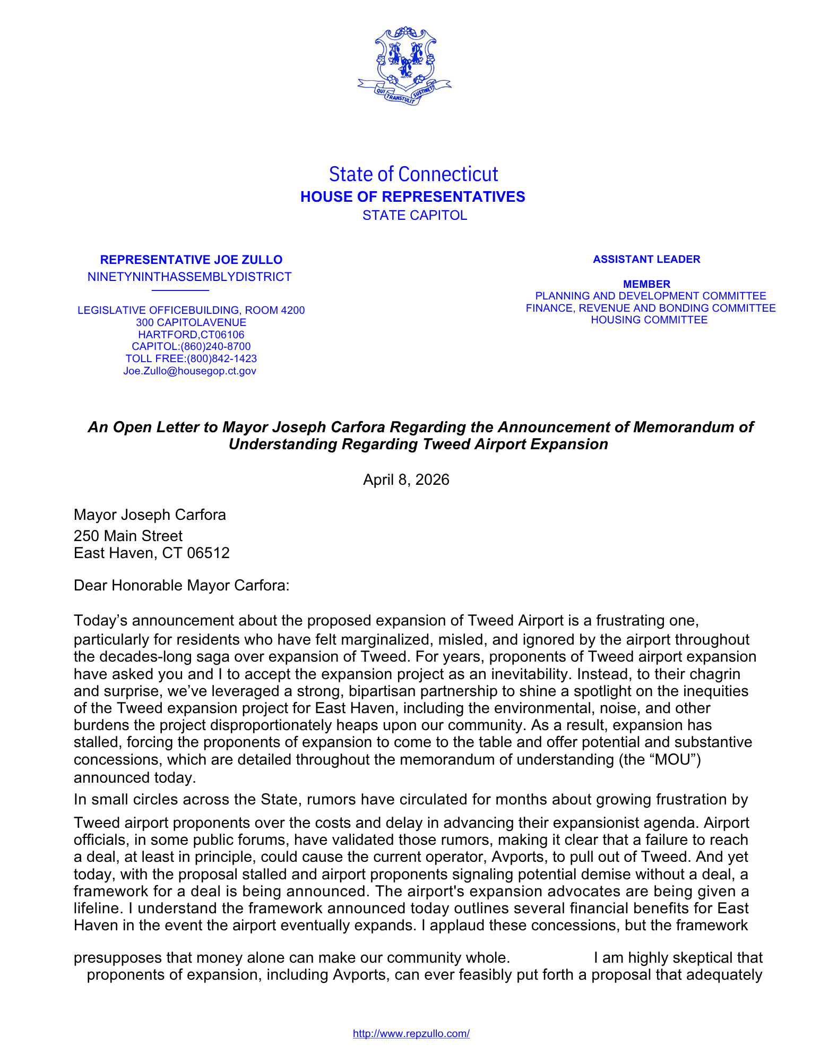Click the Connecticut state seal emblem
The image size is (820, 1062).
coord(404,65)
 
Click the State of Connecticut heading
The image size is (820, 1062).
coord(413,174)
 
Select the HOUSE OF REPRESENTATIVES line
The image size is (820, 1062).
coord(412,197)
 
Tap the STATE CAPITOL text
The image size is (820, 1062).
coord(415,216)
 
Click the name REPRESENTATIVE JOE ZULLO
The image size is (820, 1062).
coord(191,260)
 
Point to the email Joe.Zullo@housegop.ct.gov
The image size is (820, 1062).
coord(189,371)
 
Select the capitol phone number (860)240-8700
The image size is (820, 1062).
coord(215,347)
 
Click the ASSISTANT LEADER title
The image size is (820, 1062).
coord(646,260)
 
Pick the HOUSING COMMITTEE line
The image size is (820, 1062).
coord(649,320)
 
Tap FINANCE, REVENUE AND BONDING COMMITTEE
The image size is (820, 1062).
coord(650,309)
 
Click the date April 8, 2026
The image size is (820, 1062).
coord(406,480)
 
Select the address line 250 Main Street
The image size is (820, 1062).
coord(128,536)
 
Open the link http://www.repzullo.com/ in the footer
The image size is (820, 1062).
coord(411,1033)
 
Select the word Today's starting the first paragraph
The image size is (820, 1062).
coord(100,620)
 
